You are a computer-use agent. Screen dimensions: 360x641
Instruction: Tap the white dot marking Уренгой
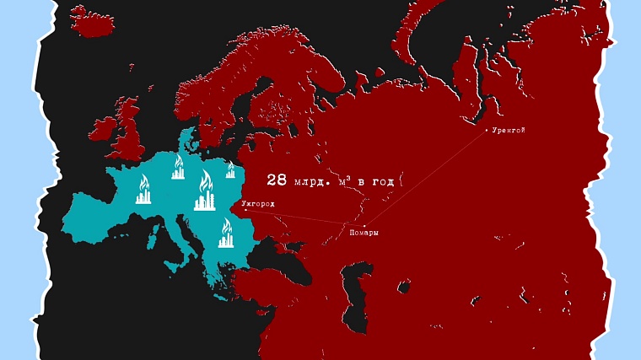click(x=486, y=130)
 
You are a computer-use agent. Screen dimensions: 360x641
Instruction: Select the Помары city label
click(x=364, y=233)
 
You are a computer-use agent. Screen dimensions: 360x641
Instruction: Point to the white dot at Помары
click(x=364, y=224)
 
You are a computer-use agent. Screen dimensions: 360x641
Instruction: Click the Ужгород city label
click(x=258, y=204)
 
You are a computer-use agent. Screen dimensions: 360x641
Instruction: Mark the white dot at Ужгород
click(x=245, y=210)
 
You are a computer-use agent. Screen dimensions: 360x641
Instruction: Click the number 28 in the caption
click(x=277, y=180)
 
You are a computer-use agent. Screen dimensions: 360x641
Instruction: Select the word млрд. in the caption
click(x=315, y=180)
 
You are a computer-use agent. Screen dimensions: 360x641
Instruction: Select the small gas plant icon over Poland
click(x=229, y=171)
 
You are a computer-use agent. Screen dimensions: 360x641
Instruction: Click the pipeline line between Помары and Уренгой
click(x=422, y=179)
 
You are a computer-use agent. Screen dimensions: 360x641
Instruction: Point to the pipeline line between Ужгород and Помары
click(x=304, y=217)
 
